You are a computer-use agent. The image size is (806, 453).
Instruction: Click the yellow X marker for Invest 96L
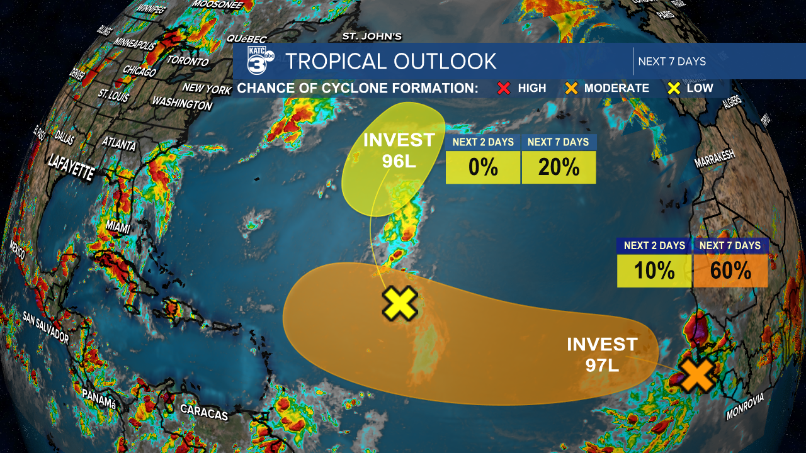click(x=400, y=303)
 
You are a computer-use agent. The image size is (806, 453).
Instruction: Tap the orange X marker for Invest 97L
click(x=697, y=374)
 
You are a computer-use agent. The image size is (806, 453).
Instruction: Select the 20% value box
click(x=559, y=167)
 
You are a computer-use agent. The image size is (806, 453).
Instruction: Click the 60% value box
click(x=730, y=271)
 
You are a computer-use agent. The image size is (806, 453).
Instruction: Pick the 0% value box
click(x=483, y=167)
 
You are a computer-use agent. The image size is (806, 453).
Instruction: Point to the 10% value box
click(x=654, y=271)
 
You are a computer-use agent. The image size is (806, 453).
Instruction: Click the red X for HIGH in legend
click(x=504, y=88)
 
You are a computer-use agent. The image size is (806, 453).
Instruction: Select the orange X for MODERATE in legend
click(x=570, y=88)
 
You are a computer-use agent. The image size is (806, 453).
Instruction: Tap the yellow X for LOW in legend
click(x=673, y=88)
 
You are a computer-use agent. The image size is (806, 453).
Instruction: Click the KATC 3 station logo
click(x=259, y=61)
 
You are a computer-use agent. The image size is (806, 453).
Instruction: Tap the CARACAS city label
click(x=204, y=412)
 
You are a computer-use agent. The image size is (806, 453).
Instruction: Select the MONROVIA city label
click(x=745, y=406)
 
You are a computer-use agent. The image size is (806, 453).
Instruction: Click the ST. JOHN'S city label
click(x=372, y=36)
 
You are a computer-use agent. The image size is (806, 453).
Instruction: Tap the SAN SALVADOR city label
click(x=45, y=327)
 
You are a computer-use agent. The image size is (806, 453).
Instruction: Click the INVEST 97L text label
click(x=602, y=354)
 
